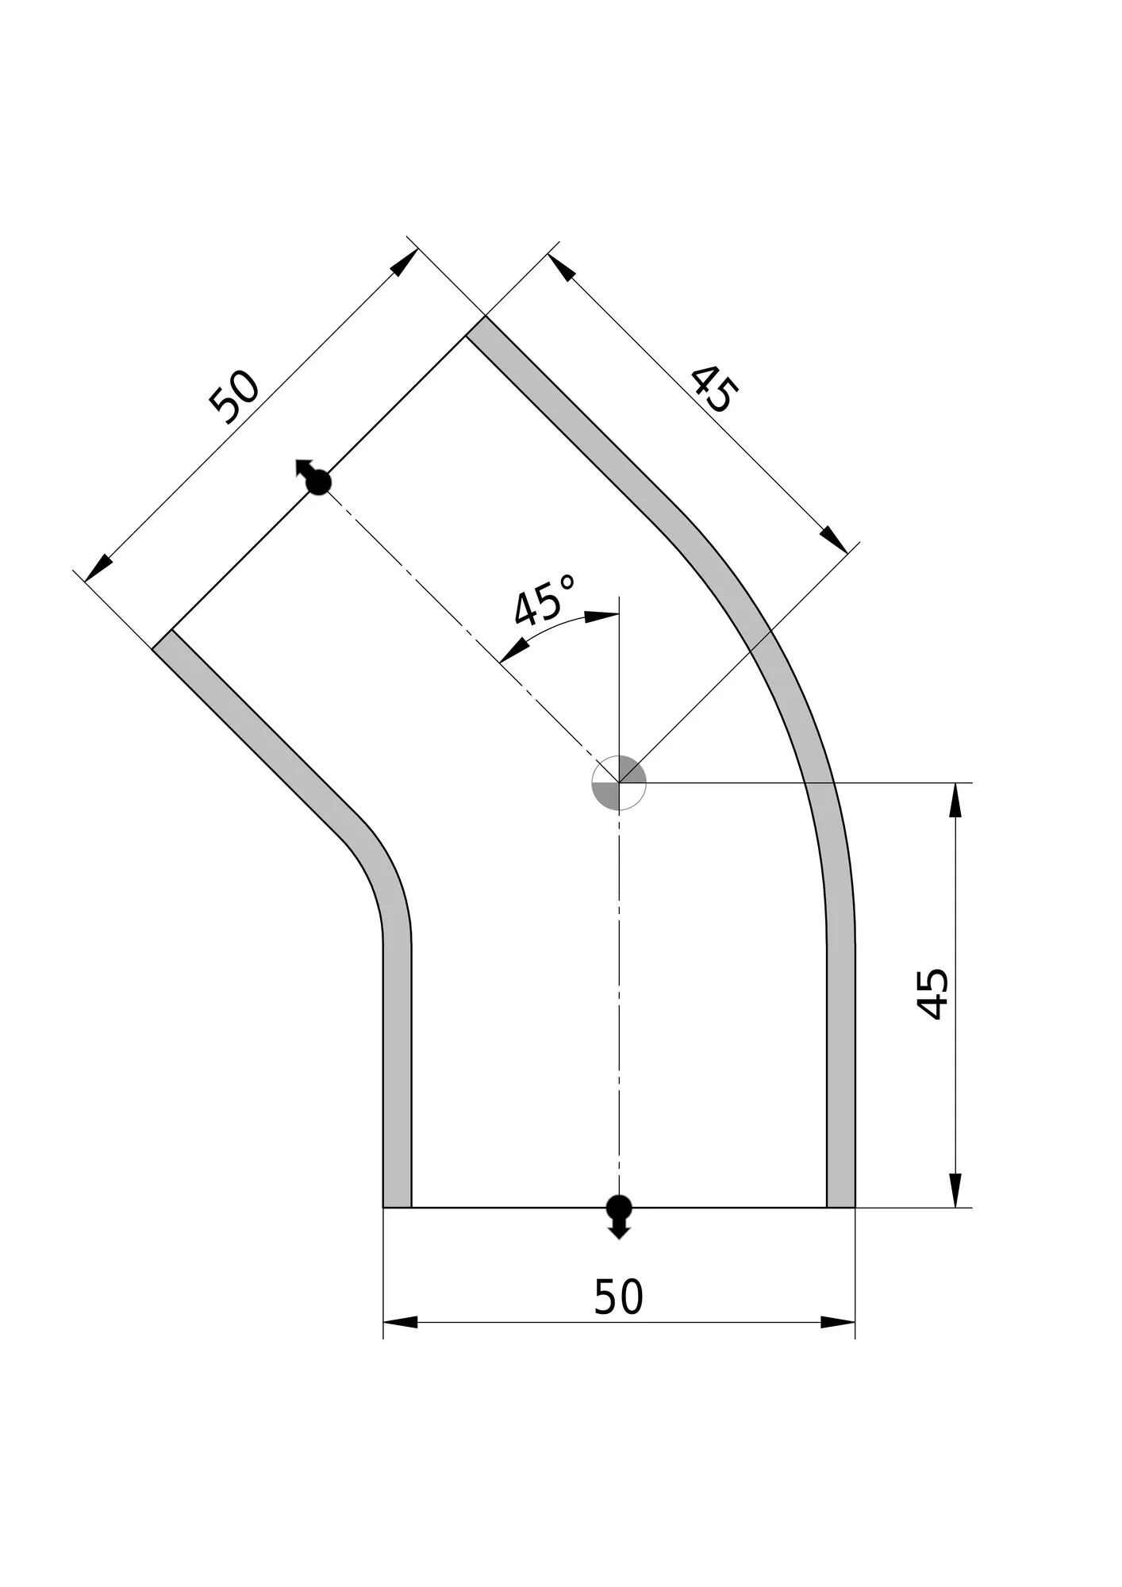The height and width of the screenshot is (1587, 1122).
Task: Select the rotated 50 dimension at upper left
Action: [x=234, y=397]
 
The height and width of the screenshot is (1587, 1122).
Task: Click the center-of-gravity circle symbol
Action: [x=619, y=783]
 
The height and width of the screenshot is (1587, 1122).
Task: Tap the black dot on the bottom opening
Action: [x=619, y=1207]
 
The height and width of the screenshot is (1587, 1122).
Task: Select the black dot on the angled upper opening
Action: [x=319, y=482]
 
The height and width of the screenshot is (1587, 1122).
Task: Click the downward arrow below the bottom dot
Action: [x=619, y=1228]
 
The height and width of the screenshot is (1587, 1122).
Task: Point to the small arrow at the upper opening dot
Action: [x=302, y=467]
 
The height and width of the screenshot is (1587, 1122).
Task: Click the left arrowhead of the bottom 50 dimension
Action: [x=401, y=1322]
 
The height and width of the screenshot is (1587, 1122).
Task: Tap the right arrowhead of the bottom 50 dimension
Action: [x=838, y=1322]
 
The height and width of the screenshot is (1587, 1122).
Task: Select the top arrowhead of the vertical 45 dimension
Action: [x=955, y=800]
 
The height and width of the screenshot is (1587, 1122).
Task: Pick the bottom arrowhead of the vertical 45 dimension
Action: [x=955, y=1190]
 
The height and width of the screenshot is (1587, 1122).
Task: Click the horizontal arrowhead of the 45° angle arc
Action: [x=602, y=615]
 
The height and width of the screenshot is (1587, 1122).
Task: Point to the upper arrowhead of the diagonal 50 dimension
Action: [x=405, y=262]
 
